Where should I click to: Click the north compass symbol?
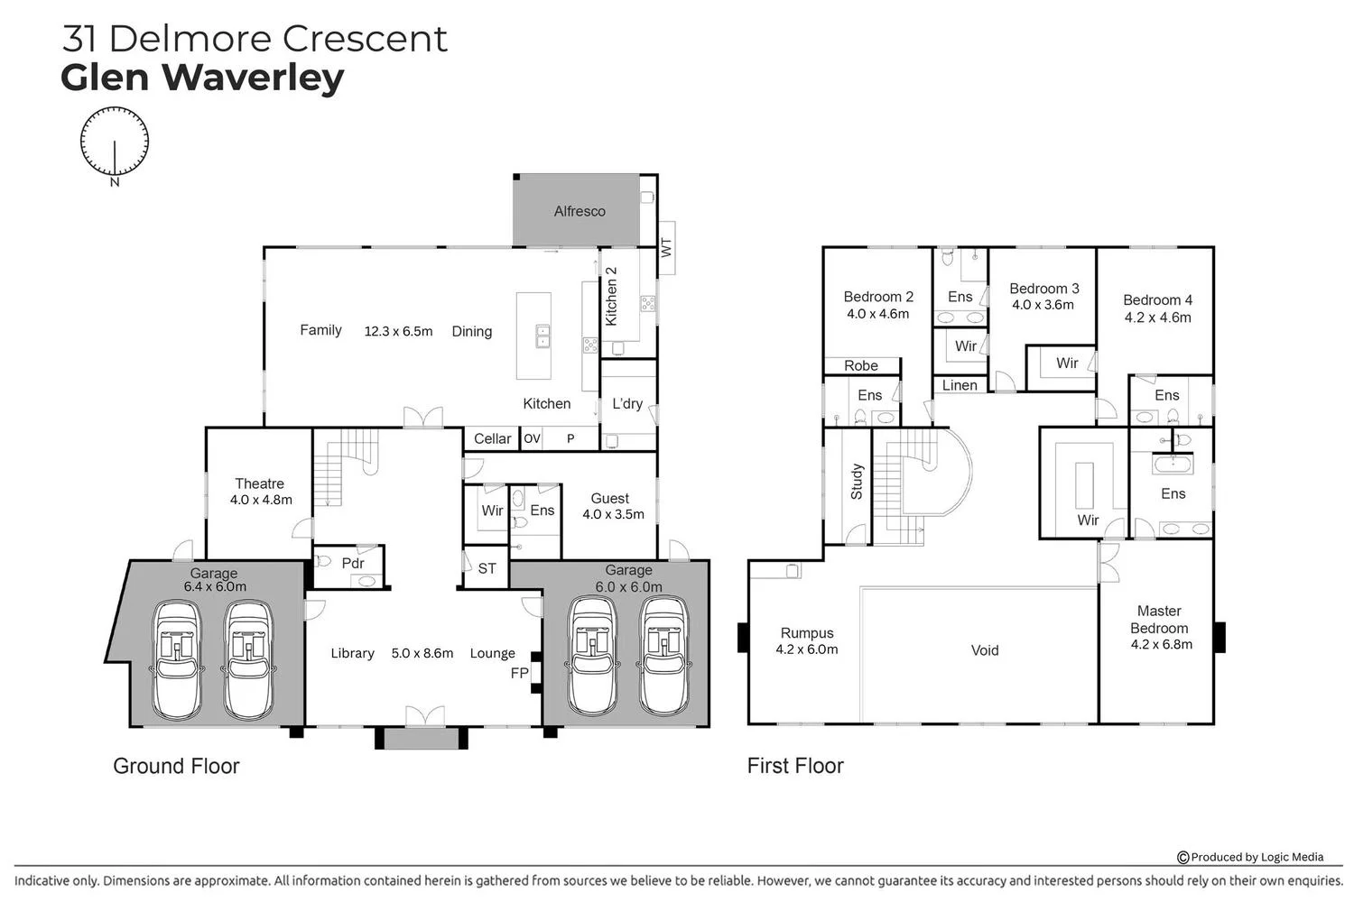(x=115, y=143)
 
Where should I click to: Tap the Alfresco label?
(x=580, y=211)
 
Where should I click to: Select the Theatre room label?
(x=259, y=483)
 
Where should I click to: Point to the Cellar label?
(x=492, y=438)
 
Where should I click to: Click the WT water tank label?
(x=666, y=248)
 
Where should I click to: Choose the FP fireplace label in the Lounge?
(x=519, y=673)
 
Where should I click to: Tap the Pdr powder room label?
(x=352, y=563)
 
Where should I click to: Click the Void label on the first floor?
(x=985, y=650)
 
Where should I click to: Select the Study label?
(x=857, y=482)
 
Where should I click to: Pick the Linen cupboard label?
(x=960, y=385)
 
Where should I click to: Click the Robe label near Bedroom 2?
(x=861, y=365)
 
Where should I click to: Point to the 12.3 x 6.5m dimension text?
(x=398, y=331)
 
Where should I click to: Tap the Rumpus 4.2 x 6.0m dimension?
(x=807, y=649)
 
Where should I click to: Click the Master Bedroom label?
(x=1159, y=620)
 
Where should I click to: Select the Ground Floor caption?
(x=177, y=766)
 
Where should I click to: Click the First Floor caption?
(x=795, y=766)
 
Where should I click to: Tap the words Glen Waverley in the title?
(x=202, y=78)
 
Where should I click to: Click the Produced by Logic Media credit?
(x=1250, y=857)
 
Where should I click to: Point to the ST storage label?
(x=487, y=568)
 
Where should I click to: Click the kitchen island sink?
(x=543, y=336)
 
